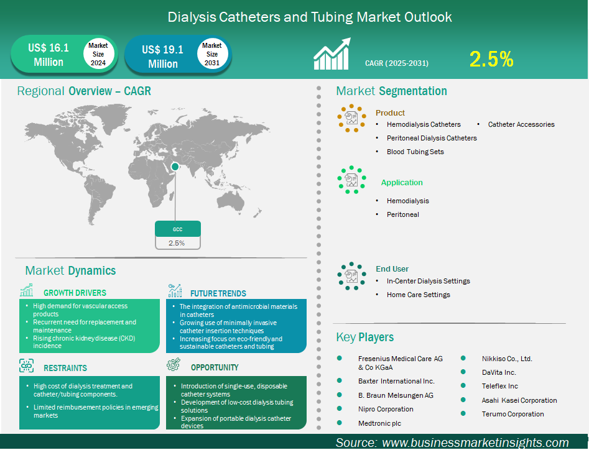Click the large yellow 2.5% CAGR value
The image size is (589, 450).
(x=491, y=59)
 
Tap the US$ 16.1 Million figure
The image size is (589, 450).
(x=49, y=55)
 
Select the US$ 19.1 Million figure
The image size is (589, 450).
(x=162, y=57)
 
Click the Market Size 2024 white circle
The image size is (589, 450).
(x=98, y=54)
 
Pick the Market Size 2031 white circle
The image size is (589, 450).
(x=212, y=54)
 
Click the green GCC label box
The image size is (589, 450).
(x=177, y=229)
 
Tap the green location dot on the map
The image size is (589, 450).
(x=175, y=166)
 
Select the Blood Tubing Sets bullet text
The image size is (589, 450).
(x=415, y=152)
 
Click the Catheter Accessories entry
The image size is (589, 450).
(x=521, y=124)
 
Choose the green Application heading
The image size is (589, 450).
(x=402, y=183)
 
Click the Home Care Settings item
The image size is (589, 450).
(x=418, y=295)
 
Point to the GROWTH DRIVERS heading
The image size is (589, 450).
(x=75, y=293)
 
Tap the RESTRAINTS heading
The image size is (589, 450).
(x=65, y=368)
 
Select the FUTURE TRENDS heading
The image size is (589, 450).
(x=218, y=293)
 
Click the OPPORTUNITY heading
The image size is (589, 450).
(x=215, y=367)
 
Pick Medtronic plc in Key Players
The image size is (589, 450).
(x=379, y=423)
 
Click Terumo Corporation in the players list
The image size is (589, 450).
(x=512, y=414)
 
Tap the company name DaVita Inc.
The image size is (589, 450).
(x=499, y=372)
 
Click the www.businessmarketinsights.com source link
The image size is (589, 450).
(x=475, y=443)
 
